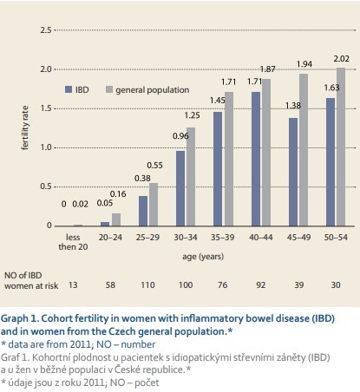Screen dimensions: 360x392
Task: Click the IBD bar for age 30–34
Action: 180,188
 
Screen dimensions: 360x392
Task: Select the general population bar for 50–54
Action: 341,147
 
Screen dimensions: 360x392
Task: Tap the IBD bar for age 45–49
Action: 293,172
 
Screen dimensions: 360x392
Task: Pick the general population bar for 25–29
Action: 154,205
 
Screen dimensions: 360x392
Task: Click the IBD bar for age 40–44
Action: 256,159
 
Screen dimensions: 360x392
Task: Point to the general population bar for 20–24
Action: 116,219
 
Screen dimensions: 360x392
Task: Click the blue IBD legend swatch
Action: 69,89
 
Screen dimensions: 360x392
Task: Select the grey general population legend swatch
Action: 109,89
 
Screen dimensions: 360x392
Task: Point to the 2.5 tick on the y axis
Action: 46,30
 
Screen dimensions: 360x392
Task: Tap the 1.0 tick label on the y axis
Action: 46,147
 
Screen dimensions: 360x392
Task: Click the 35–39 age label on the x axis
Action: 223,238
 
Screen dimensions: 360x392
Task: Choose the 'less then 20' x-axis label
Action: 73,242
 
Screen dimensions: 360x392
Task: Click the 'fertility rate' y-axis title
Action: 25,127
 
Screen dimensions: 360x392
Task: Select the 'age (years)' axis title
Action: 203,257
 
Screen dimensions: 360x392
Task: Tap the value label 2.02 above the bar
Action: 341,59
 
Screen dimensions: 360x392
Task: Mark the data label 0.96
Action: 180,136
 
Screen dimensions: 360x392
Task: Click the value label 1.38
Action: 293,106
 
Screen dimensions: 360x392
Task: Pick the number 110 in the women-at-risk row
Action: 147,285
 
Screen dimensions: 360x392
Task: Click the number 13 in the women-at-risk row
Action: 73,285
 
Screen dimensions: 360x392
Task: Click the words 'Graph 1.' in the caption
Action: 20,318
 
